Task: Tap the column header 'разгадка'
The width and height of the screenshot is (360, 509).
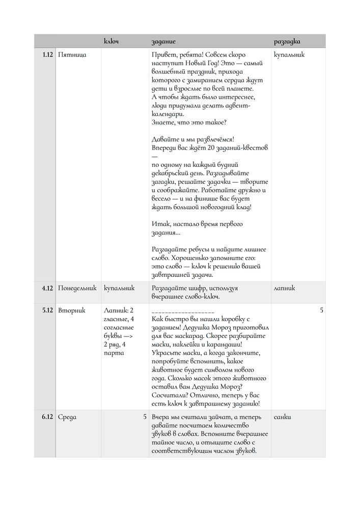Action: tap(287, 41)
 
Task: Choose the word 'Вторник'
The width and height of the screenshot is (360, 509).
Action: tap(72, 310)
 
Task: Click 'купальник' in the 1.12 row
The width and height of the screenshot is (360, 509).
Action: tap(289, 54)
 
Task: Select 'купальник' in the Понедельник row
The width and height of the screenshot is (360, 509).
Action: tap(119, 288)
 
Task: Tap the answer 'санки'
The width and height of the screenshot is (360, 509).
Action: tap(282, 417)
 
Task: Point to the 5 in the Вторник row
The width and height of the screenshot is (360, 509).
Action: tap(321, 310)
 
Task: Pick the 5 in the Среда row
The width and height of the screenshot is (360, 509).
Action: tap(145, 417)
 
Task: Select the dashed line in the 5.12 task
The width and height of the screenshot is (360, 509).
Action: tap(183, 311)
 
